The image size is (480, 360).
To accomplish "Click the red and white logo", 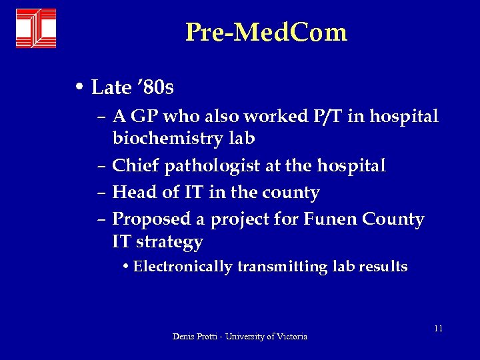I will [36, 29].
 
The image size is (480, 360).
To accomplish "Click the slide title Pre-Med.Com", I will [266, 32].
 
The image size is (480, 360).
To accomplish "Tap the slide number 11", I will [438, 329].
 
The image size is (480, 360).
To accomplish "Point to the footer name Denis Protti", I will [196, 337].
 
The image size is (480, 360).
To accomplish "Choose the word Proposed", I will [157, 219].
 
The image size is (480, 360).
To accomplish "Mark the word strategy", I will [169, 242].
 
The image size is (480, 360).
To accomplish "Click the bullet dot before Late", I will [79, 87].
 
